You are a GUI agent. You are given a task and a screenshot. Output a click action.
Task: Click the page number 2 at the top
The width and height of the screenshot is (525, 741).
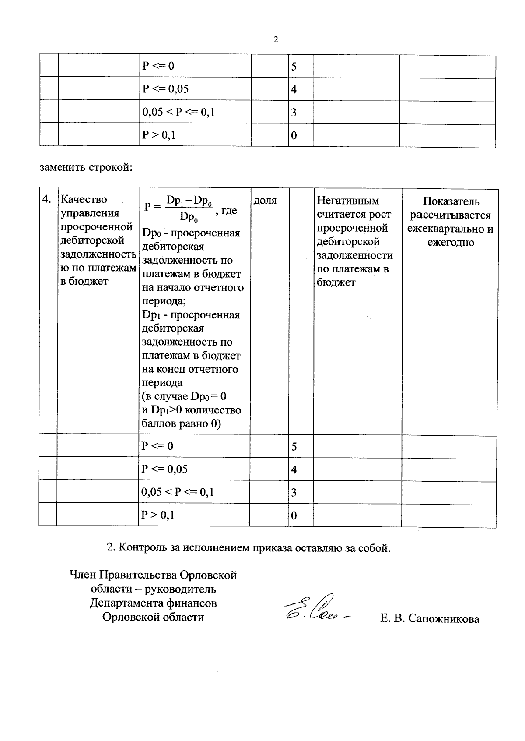pyautogui.click(x=276, y=40)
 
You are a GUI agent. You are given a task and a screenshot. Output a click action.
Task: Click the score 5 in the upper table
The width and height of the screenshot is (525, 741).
pyautogui.click(x=294, y=67)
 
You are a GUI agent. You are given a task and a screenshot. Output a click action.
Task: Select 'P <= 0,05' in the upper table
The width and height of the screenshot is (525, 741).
pyautogui.click(x=165, y=89)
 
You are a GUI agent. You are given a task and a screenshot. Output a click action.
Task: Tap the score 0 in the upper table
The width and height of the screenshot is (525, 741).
pyautogui.click(x=294, y=135)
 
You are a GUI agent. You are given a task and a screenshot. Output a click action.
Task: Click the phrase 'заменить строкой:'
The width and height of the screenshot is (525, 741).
pyautogui.click(x=86, y=167)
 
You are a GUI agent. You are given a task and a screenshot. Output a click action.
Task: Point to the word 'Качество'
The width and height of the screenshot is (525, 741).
pyautogui.click(x=84, y=200)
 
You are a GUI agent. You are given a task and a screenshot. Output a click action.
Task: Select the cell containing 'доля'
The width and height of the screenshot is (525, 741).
pyautogui.click(x=265, y=201)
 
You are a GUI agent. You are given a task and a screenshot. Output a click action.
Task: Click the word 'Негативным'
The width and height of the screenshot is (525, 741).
pyautogui.click(x=348, y=201)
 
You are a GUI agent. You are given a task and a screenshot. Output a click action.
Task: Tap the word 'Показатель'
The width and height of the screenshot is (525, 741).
pyautogui.click(x=451, y=201)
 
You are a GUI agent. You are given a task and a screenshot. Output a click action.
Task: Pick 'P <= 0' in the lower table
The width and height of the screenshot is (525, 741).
pyautogui.click(x=157, y=446)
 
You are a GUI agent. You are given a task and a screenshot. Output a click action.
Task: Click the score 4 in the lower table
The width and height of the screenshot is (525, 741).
pyautogui.click(x=294, y=470)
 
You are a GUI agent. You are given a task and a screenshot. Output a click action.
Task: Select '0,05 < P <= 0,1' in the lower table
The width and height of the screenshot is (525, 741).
pyautogui.click(x=178, y=492)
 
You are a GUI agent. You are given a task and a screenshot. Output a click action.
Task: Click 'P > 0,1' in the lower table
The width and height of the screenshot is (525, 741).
pyautogui.click(x=158, y=515)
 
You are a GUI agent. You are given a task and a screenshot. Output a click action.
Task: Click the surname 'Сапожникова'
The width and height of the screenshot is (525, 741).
pyautogui.click(x=444, y=619)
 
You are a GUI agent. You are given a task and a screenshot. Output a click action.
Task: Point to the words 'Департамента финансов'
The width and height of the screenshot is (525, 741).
pyautogui.click(x=153, y=603)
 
